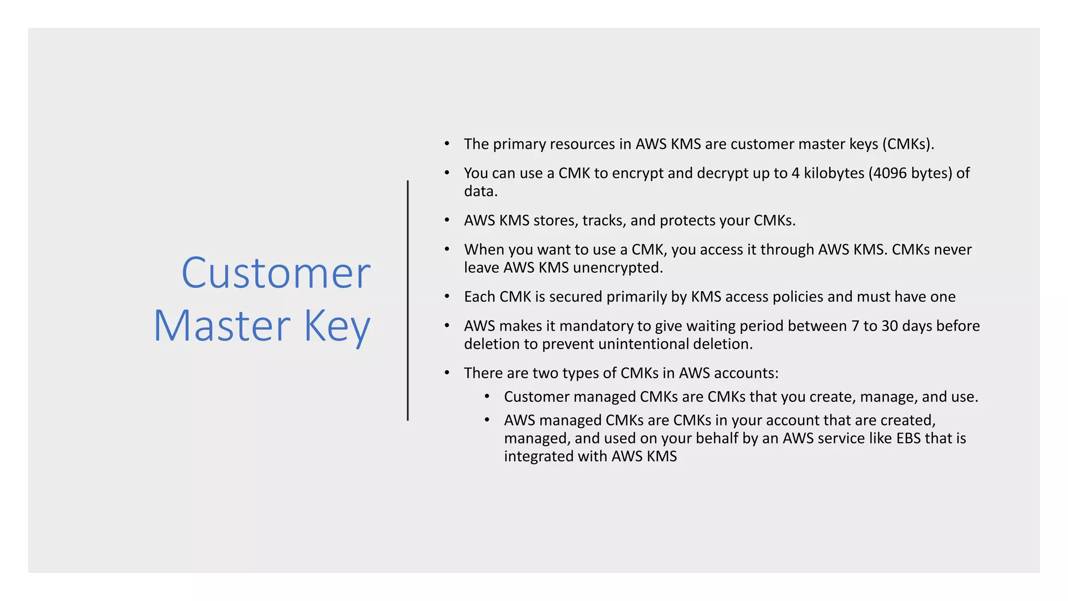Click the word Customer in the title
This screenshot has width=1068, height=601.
point(276,273)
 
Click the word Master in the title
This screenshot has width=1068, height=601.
point(222,326)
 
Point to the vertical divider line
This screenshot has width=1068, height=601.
point(408,300)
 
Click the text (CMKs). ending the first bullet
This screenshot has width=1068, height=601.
point(908,144)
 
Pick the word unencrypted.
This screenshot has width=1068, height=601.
point(618,268)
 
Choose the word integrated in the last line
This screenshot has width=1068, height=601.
point(539,456)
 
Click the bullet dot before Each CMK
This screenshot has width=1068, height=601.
point(447,296)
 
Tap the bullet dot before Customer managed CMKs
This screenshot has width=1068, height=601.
point(487,396)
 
